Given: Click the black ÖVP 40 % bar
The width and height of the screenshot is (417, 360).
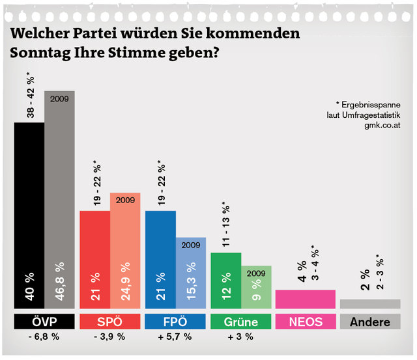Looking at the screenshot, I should (29, 215).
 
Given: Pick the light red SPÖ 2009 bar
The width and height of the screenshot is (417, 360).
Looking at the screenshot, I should (125, 251).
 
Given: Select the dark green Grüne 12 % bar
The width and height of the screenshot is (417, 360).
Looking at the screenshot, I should (226, 280).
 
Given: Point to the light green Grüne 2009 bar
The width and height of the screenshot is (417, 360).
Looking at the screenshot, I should (256, 286).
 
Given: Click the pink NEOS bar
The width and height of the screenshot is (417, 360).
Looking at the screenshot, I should (305, 299).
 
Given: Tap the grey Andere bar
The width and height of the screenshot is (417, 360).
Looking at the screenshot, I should (370, 304).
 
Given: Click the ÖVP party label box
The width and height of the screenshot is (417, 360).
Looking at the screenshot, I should (44, 322).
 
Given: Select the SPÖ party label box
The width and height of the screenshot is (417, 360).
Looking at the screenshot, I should (109, 322).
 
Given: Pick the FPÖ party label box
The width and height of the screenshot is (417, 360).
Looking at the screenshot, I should (175, 322).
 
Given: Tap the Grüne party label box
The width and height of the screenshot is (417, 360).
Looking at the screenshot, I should (240, 322).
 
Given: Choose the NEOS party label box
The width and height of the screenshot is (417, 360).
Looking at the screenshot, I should (306, 322).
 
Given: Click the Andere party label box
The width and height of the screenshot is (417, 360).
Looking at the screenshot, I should (370, 322).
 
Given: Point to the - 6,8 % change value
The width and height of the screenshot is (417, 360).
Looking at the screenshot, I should (44, 337).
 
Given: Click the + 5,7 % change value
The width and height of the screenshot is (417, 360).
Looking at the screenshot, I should (175, 337).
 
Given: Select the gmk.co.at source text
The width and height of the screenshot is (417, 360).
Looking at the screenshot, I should (382, 126).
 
